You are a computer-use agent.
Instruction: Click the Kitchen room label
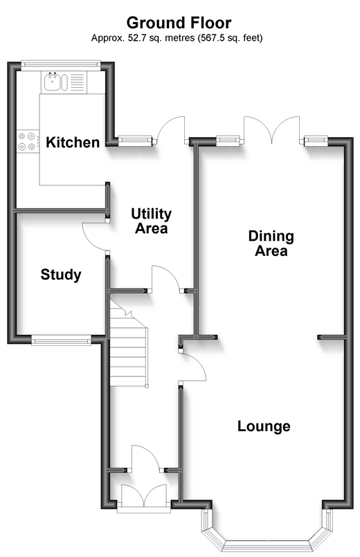coord(73,143)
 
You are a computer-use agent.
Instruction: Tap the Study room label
coord(61,275)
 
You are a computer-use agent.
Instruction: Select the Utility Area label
coord(152,221)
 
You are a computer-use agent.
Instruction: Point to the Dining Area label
coord(271,244)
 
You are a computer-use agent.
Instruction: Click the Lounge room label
coord(264,426)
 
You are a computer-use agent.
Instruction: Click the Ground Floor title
coord(179,23)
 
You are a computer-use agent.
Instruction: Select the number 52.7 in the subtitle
coord(137,37)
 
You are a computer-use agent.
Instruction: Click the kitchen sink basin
coord(52,82)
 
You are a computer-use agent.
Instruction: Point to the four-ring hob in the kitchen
coord(28,141)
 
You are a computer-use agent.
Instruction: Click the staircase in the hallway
coord(128,343)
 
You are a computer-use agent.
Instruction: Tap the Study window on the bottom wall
coord(61,341)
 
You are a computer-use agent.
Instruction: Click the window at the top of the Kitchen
coord(60,64)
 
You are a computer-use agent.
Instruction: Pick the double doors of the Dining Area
coord(272,130)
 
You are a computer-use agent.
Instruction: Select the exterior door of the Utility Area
coord(171,129)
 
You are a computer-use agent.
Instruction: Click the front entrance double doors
coord(144,495)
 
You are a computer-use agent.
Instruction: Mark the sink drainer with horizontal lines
coord(78,82)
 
